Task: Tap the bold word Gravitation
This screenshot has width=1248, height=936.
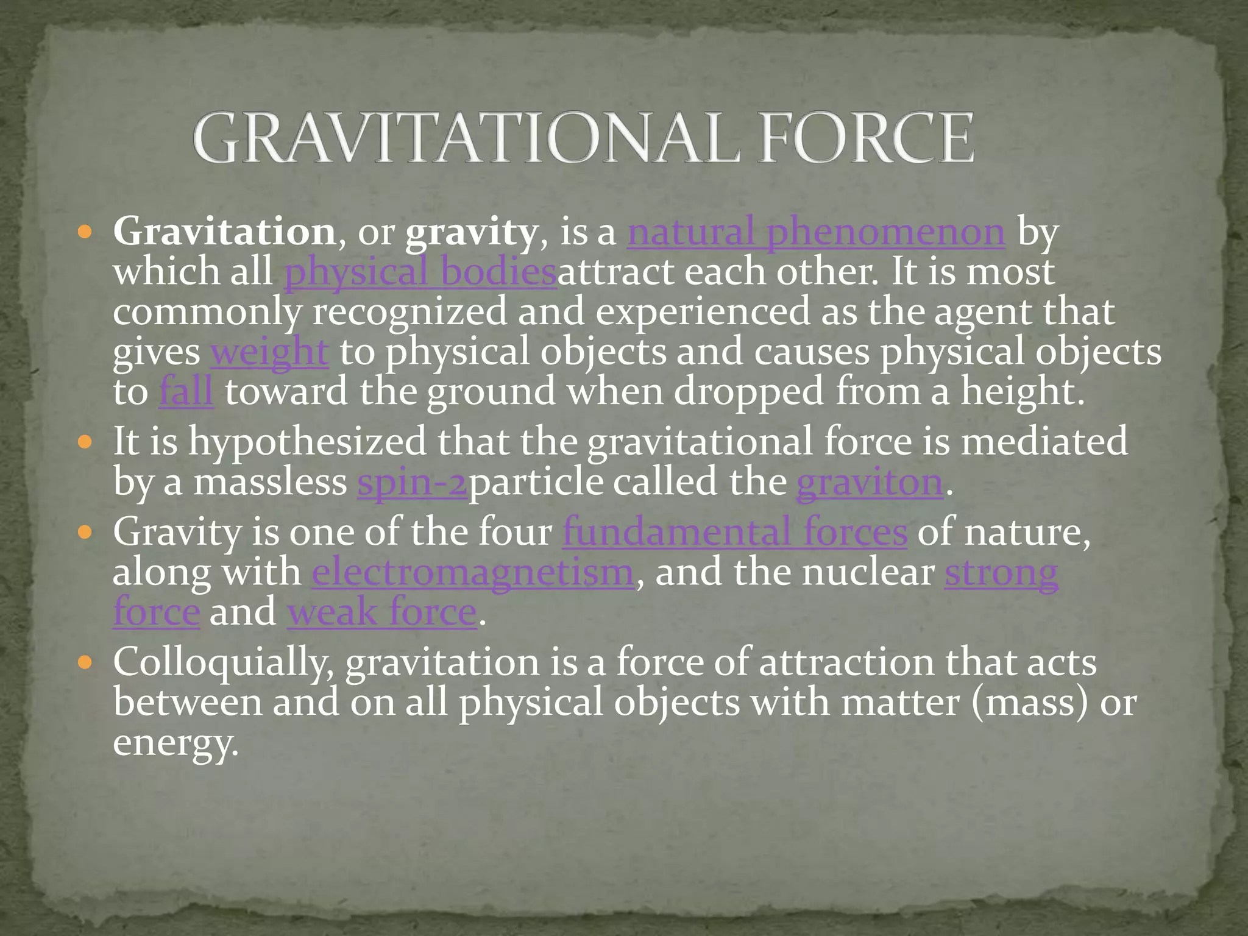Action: [x=224, y=232]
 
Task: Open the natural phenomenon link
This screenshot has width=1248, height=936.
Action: [x=816, y=232]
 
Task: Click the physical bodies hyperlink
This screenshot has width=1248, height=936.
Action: [x=420, y=272]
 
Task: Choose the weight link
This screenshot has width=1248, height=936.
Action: [x=269, y=352]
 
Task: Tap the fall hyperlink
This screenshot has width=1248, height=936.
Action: [x=186, y=391]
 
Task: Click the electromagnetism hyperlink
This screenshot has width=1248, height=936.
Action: [x=473, y=572]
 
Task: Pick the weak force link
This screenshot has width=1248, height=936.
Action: [x=382, y=612]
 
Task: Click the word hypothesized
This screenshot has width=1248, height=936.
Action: [x=307, y=442]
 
